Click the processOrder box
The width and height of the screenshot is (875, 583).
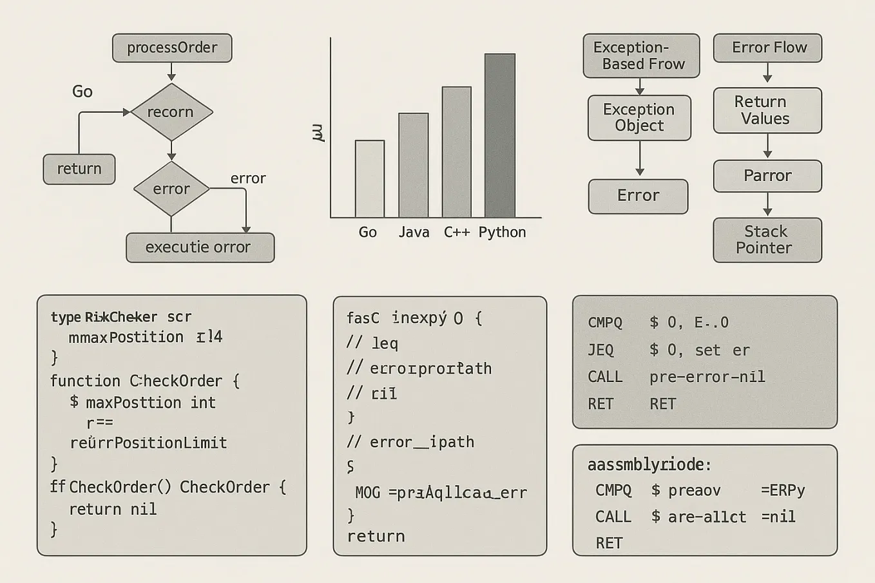(172, 48)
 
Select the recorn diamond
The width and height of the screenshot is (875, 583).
(171, 112)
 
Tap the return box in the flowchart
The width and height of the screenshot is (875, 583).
(79, 169)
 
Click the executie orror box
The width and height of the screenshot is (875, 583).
(200, 247)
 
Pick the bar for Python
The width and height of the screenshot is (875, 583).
(500, 136)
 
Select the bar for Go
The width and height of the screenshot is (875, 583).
(370, 178)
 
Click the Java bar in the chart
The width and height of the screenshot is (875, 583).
(413, 165)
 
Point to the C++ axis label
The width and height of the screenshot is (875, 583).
(456, 233)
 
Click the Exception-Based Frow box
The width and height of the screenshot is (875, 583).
(641, 56)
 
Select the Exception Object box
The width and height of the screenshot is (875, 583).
(639, 118)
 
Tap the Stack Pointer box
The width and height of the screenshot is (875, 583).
(767, 240)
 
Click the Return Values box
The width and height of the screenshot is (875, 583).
(767, 110)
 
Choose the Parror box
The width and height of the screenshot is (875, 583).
(767, 176)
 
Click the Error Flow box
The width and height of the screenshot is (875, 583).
(767, 48)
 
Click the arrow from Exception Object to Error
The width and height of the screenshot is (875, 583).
(640, 158)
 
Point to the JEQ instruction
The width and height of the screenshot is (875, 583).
(601, 350)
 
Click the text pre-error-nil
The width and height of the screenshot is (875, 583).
(707, 377)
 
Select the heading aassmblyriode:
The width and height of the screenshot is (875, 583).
(649, 464)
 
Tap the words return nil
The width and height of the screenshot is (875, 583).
(113, 510)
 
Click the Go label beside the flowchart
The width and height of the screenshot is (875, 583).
(82, 91)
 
